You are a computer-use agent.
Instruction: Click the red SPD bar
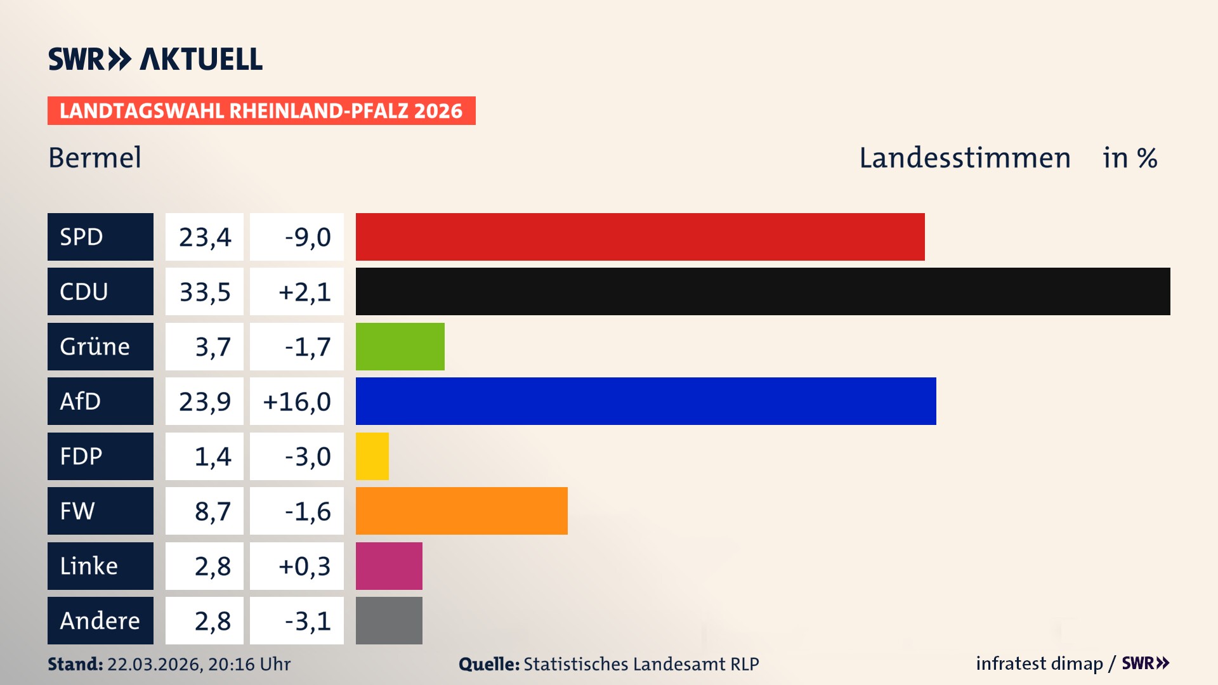(639, 237)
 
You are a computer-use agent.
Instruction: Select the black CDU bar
(763, 291)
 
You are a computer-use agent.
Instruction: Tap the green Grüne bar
(400, 346)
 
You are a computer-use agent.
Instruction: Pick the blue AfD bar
(645, 401)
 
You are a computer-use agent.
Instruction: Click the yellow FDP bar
(372, 456)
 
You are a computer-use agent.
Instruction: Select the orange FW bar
(461, 511)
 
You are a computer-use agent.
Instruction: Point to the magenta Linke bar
(389, 566)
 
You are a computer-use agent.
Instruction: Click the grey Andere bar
(389, 620)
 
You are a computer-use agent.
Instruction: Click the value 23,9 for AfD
(204, 401)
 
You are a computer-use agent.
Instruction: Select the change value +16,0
(297, 401)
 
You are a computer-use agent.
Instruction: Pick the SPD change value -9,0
(307, 237)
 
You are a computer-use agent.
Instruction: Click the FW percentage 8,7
(212, 511)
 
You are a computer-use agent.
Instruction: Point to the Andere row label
(100, 620)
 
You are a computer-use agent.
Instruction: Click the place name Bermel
(95, 157)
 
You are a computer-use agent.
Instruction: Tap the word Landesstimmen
(964, 157)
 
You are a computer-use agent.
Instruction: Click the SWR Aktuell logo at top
(155, 59)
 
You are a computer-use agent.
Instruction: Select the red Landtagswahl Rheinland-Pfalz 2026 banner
(261, 110)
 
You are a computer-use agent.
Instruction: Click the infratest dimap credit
(1038, 663)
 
